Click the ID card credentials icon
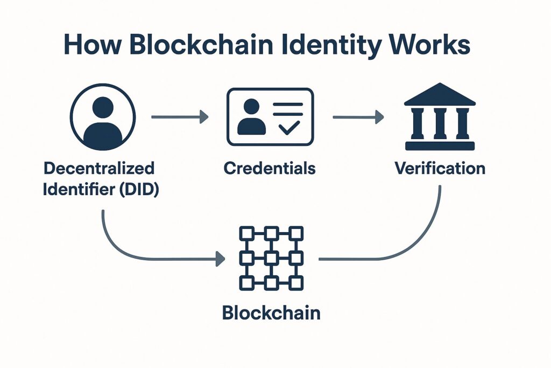click(x=270, y=117)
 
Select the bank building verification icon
click(x=440, y=116)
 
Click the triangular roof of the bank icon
click(x=440, y=94)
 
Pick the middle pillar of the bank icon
click(x=440, y=123)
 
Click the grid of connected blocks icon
click(x=271, y=258)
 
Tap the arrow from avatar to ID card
click(x=180, y=116)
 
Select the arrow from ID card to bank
click(x=358, y=116)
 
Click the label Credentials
click(x=270, y=168)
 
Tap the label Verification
click(x=440, y=168)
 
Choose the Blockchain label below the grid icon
click(x=271, y=313)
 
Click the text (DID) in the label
click(x=139, y=190)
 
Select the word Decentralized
click(x=99, y=168)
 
